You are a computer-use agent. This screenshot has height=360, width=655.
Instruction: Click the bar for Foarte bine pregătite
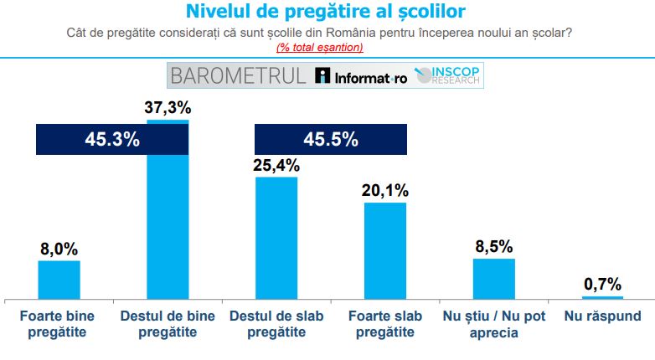[59, 280]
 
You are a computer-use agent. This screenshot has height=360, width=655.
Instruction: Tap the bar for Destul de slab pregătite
[276, 238]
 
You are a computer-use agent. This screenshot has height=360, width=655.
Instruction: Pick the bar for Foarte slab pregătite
[385, 251]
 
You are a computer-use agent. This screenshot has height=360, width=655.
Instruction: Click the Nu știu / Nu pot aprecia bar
[493, 279]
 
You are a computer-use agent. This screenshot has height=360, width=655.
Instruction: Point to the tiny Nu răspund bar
[602, 298]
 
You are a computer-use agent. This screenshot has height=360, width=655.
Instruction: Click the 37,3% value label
[168, 108]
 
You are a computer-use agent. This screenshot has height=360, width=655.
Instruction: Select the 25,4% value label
[276, 166]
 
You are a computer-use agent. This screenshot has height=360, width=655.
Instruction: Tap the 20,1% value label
[385, 190]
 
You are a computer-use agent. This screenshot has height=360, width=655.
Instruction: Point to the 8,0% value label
[59, 249]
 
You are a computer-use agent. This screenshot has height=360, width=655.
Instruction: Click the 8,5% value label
[493, 246]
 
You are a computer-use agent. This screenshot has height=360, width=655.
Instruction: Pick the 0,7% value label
[602, 285]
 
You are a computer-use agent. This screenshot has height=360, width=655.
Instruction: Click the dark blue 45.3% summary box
[112, 140]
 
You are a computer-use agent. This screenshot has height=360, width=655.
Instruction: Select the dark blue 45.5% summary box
[331, 140]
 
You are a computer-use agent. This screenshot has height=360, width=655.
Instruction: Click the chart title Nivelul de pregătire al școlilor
[326, 11]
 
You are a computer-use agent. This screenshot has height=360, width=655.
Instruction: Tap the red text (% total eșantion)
[320, 47]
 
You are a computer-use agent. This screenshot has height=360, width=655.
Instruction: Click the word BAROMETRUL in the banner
[239, 76]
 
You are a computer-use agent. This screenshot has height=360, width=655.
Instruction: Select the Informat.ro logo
[361, 76]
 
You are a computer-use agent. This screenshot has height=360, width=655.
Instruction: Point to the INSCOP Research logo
[447, 75]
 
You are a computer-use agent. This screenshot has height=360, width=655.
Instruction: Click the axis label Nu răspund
[602, 316]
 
